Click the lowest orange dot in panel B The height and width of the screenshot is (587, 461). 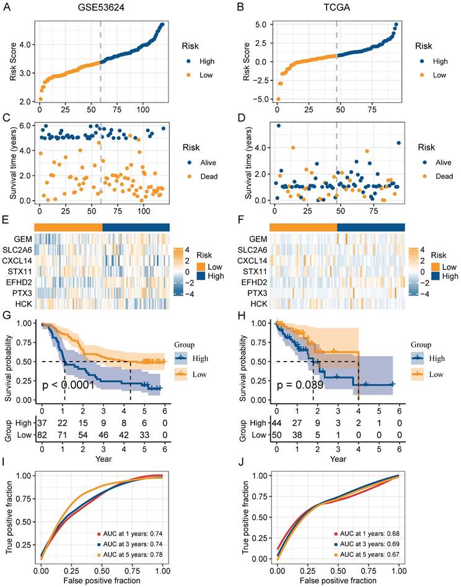point(278,99)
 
